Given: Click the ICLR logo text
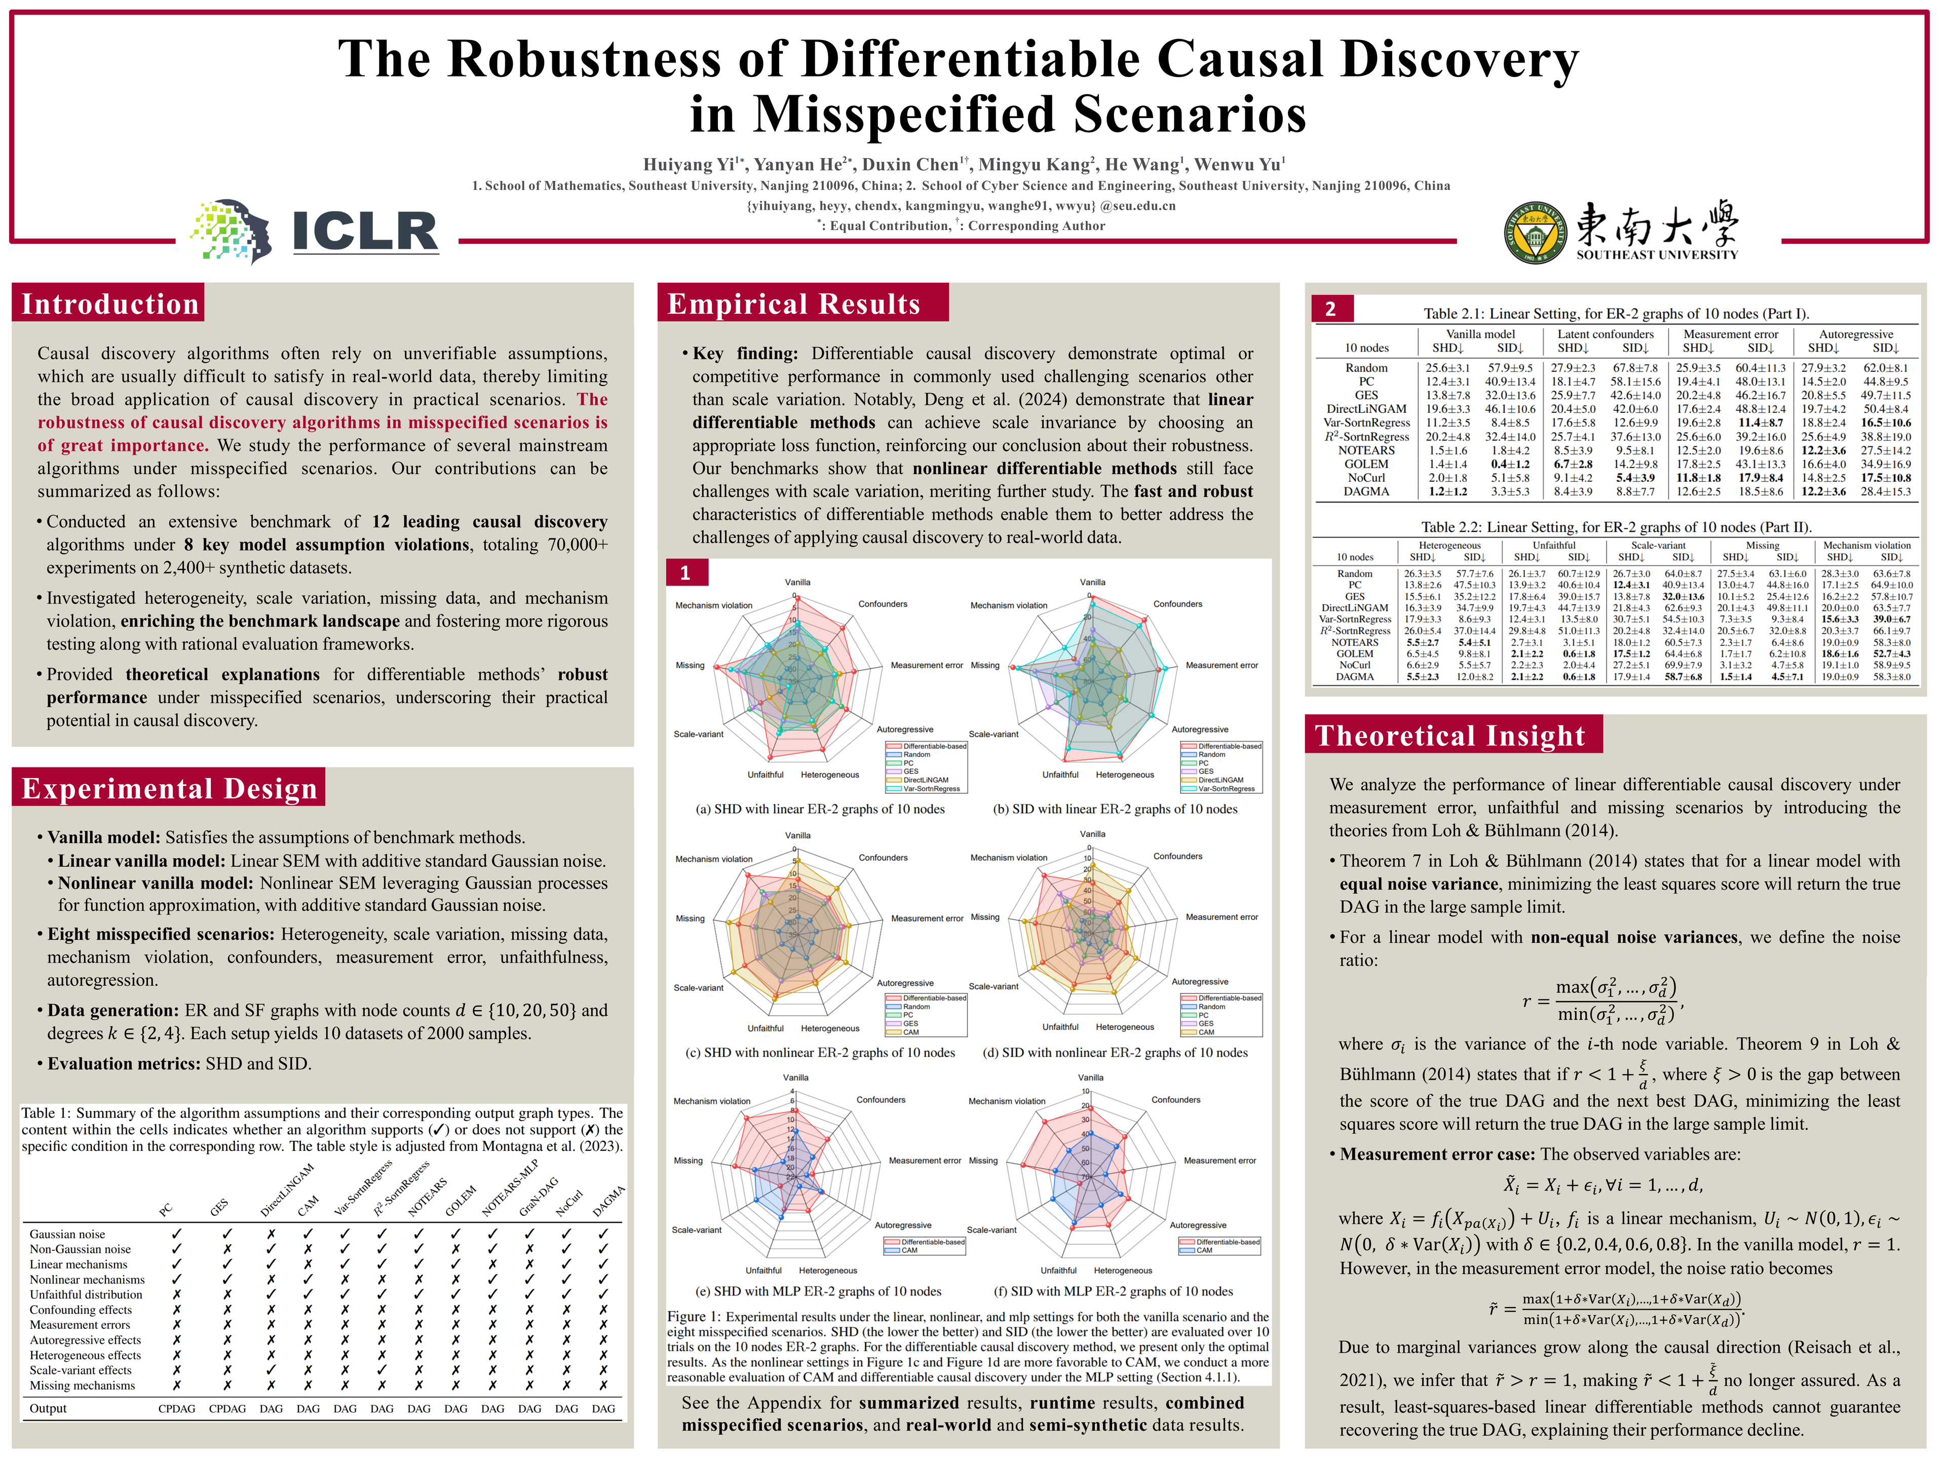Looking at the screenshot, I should tap(364, 232).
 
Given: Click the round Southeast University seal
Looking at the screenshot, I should tap(1535, 232).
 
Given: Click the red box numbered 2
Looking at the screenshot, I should tap(1330, 309).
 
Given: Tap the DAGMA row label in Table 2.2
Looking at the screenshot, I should tap(1354, 676).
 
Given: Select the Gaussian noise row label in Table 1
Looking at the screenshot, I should tap(68, 1234).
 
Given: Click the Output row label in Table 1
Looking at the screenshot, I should tap(48, 1408).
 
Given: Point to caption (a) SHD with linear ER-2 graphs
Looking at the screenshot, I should tap(820, 809).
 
